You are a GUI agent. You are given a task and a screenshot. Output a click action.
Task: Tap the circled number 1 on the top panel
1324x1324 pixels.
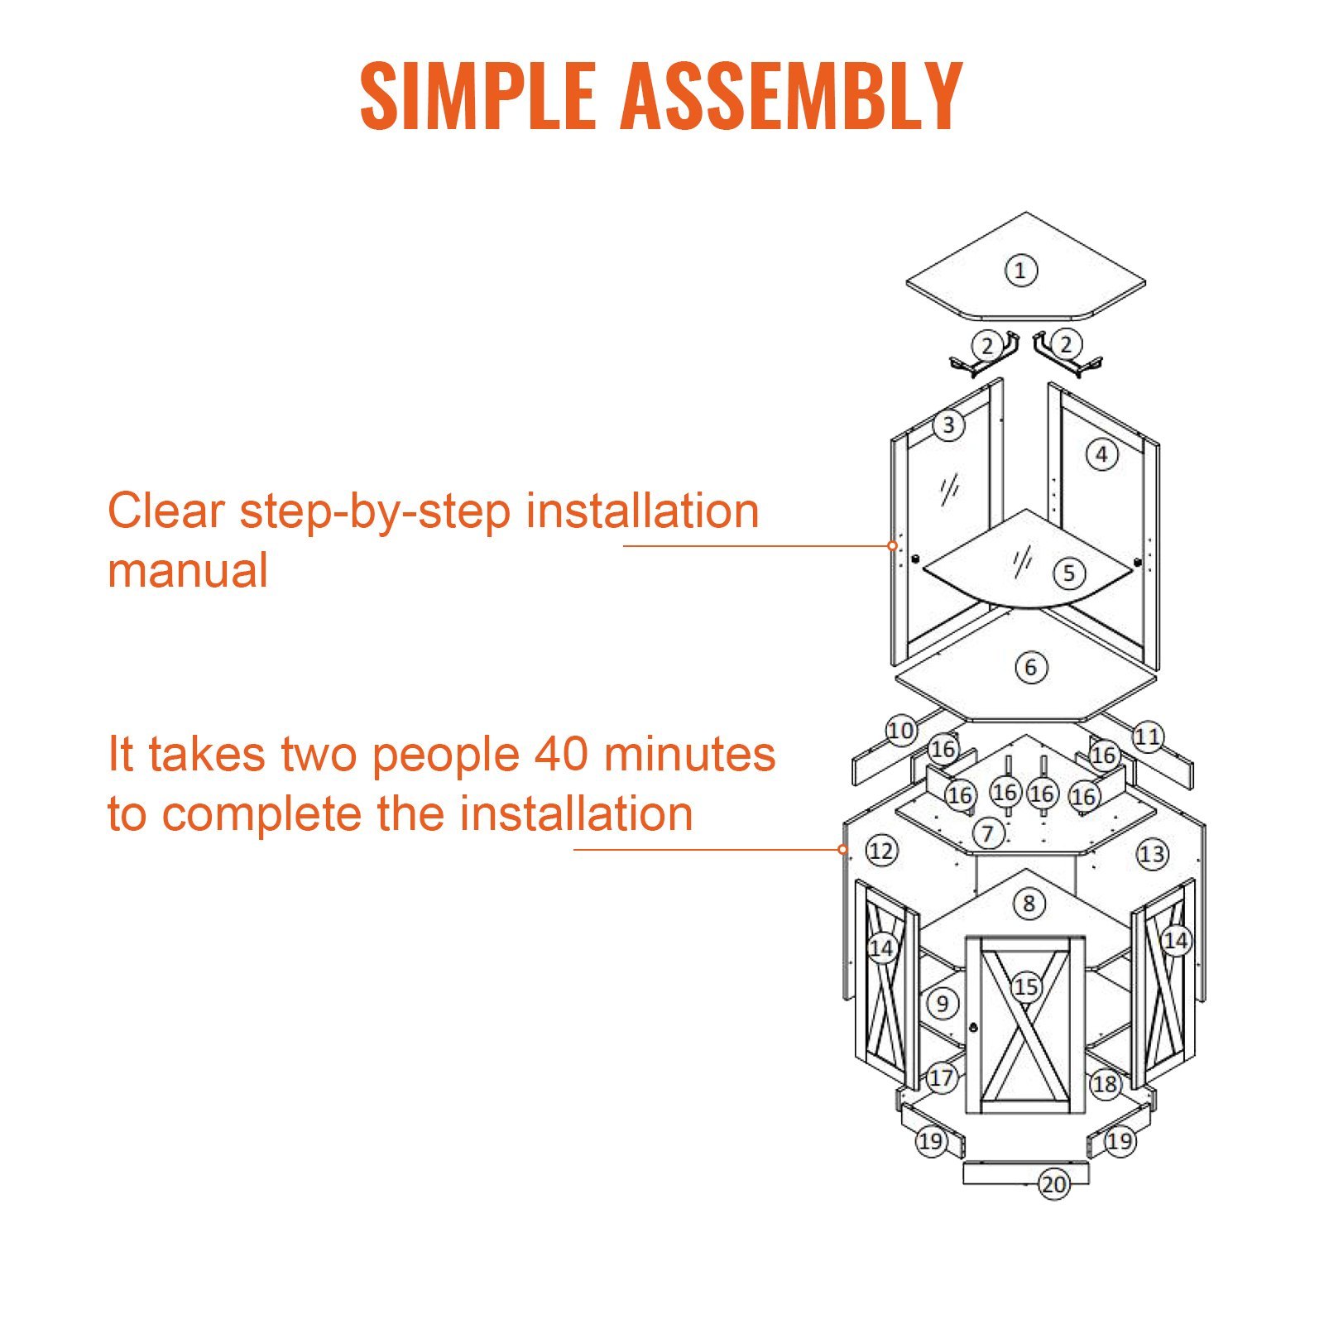1020,270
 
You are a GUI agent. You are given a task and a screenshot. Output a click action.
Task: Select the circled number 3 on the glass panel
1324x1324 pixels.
948,425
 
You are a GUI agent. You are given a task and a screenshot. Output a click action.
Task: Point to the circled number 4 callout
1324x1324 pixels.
1101,454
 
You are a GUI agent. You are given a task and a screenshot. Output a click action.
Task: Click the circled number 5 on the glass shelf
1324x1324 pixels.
1069,573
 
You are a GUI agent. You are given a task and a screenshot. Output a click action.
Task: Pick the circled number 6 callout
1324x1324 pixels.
1030,667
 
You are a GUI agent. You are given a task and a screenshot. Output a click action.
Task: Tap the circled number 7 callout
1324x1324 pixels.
988,832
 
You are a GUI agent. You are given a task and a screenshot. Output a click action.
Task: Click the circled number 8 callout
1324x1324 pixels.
1029,903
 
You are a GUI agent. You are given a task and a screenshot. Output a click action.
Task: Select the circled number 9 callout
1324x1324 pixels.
942,1004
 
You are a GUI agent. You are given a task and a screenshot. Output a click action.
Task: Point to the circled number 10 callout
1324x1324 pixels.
900,731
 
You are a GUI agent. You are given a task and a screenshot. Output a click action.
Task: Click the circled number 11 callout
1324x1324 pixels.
1148,736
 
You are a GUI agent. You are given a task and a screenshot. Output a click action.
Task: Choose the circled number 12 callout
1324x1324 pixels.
881,851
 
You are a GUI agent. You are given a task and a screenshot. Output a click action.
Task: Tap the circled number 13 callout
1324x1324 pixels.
1152,854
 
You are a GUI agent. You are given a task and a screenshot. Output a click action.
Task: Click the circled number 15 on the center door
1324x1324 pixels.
1026,986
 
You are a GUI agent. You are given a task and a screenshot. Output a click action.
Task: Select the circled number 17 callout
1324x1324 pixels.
941,1077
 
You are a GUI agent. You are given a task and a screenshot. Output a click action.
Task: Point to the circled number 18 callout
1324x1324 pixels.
1105,1083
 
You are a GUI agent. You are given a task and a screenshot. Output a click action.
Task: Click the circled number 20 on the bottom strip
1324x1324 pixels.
1053,1184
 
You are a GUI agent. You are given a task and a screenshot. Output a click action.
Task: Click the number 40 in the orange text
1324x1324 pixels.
561,755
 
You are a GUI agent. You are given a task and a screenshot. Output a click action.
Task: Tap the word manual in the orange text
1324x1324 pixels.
188,571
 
